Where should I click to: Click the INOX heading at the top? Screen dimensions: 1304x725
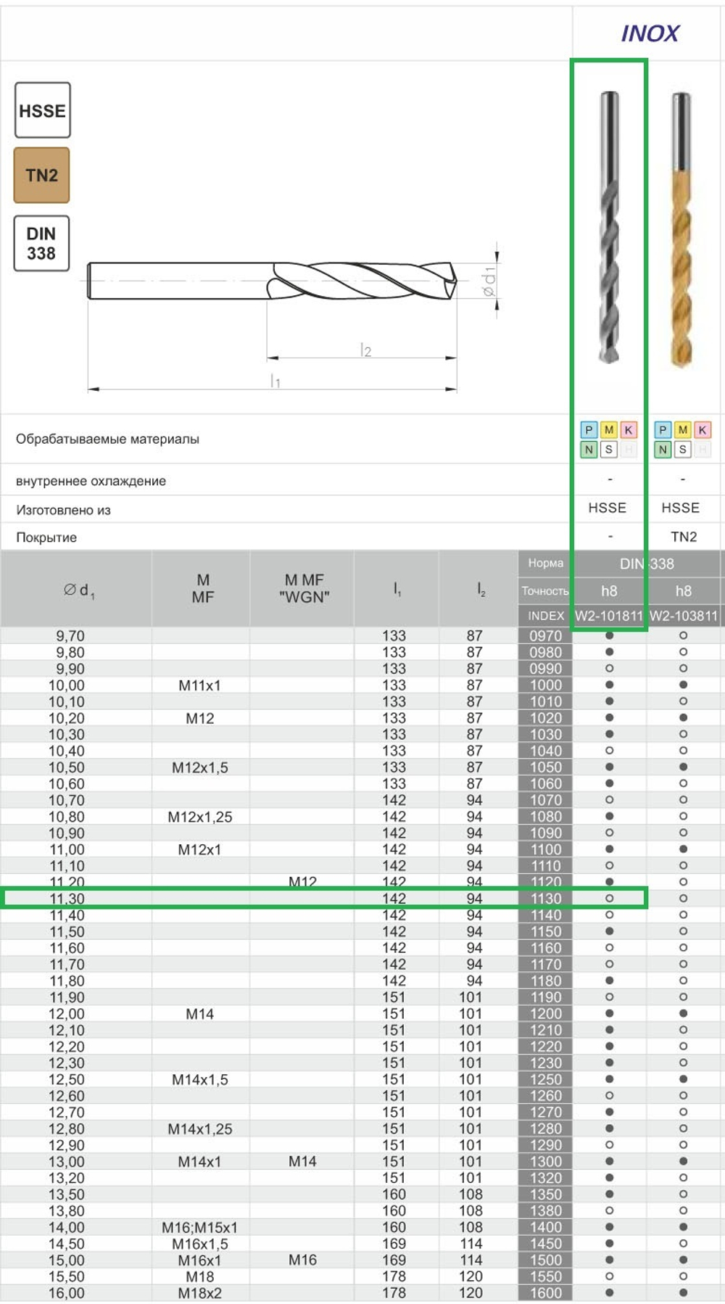(650, 33)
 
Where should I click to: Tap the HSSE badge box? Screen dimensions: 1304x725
(43, 110)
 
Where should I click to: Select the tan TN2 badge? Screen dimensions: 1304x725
(42, 176)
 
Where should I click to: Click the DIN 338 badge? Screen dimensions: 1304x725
(41, 244)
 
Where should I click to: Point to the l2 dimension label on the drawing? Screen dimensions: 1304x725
(365, 351)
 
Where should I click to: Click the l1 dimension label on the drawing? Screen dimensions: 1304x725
(275, 381)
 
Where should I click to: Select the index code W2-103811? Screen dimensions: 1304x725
(683, 616)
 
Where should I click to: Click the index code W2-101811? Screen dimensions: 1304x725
(609, 616)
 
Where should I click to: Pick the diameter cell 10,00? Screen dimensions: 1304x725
(67, 685)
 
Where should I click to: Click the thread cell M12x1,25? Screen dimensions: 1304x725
(200, 817)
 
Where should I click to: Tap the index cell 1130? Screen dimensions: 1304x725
(545, 899)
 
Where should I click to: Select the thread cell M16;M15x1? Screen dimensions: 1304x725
(200, 1228)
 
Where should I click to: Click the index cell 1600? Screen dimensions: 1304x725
(545, 1293)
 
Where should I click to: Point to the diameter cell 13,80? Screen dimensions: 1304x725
(67, 1211)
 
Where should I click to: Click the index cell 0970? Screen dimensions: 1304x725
(545, 636)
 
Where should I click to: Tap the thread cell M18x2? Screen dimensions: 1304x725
(200, 1293)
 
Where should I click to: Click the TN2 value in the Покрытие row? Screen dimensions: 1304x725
(683, 537)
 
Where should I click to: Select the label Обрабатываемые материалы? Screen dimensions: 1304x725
(107, 439)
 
